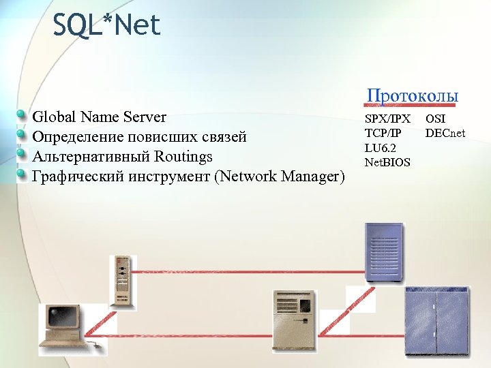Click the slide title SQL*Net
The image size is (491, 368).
[106, 25]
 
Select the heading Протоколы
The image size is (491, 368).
[412, 96]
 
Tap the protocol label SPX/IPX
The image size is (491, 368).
[387, 119]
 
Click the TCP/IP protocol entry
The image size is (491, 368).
[383, 133]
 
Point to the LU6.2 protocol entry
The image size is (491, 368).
[380, 147]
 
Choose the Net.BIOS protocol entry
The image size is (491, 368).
[387, 162]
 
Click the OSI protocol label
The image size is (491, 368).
[435, 119]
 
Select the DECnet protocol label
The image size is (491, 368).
[445, 133]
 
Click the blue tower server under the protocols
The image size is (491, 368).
[383, 252]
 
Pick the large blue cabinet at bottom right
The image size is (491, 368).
[436, 320]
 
